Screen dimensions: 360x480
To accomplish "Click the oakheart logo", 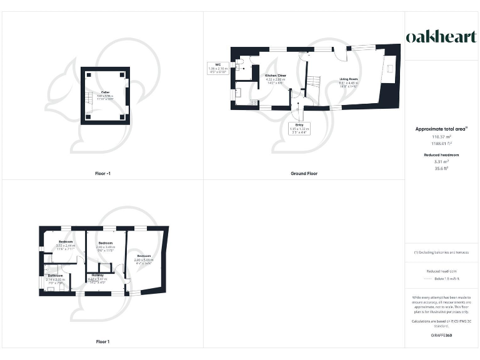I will [442, 37].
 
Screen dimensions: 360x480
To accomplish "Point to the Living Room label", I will [347, 81].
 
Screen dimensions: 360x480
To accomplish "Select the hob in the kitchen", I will [254, 102].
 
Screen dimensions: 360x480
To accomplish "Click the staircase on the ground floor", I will [308, 82].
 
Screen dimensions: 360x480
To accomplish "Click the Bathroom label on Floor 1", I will [56, 276].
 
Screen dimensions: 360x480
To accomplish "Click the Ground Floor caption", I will [304, 173].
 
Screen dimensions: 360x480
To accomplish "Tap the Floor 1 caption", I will [102, 341].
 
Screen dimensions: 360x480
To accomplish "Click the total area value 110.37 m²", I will [441, 136].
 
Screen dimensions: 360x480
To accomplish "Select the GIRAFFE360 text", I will [441, 336].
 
